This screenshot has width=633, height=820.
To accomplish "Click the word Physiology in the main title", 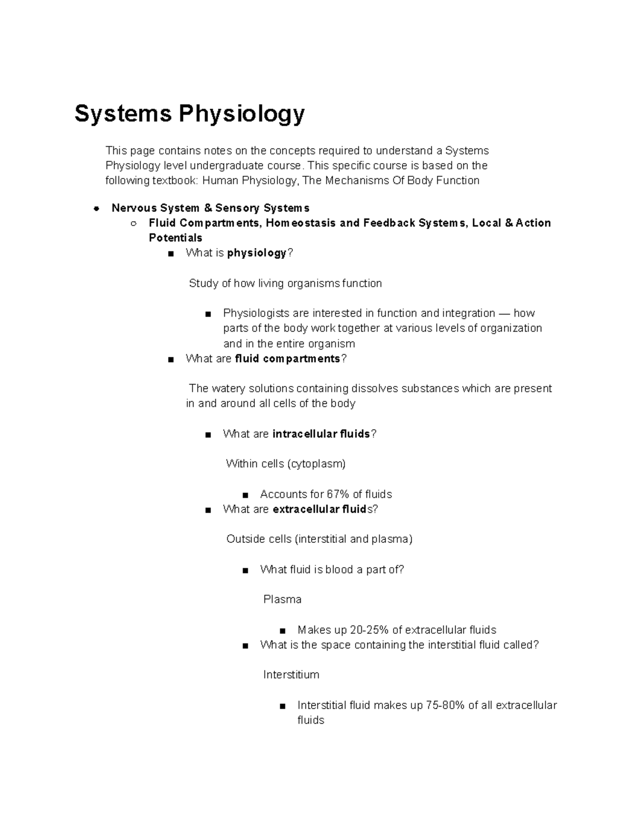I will coord(242,114).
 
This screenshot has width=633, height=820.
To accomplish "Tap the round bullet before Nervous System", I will coord(96,208).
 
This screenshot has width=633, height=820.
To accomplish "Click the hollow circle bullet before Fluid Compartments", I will coord(133,223).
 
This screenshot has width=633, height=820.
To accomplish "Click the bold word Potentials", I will coord(175,238).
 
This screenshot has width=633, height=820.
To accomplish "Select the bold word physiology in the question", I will coord(257,253).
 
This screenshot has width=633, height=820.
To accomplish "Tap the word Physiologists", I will coord(256,313).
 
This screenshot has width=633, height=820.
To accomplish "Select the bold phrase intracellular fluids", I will coord(321,434).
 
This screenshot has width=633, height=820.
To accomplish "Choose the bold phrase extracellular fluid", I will coord(319,510).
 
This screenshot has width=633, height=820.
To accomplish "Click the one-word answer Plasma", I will coord(282,600).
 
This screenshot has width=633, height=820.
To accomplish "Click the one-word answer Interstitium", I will coord(291,675).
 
